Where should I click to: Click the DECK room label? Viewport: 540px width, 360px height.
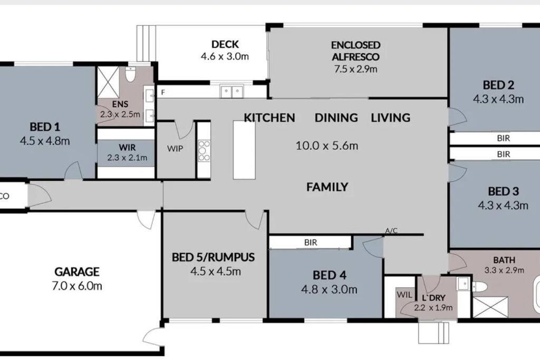click(225, 44)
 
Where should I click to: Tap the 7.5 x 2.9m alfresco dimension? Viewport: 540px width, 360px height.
click(355, 69)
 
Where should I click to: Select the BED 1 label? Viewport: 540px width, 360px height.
click(45, 127)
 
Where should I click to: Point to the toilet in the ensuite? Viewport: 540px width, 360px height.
click(130, 74)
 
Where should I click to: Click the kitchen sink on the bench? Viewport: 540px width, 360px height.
click(232, 92)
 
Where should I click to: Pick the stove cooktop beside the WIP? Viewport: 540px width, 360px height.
click(204, 150)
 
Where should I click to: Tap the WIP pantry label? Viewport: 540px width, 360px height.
click(175, 149)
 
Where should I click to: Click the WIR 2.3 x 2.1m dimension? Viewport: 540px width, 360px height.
click(127, 158)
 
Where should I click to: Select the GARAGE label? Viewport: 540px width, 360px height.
click(77, 272)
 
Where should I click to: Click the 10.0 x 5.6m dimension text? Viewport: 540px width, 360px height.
click(327, 145)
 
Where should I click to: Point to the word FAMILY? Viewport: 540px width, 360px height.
click(327, 187)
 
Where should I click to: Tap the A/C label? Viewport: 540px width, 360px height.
click(391, 230)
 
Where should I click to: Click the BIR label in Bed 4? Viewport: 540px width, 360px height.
click(310, 242)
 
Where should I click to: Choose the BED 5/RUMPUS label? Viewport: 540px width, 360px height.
click(213, 257)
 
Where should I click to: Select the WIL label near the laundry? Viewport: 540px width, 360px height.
click(404, 295)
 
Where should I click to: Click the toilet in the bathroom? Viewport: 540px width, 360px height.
click(479, 286)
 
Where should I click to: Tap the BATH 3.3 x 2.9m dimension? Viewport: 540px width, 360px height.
click(504, 270)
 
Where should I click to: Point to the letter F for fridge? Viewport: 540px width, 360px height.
click(163, 93)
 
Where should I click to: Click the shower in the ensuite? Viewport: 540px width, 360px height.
click(108, 82)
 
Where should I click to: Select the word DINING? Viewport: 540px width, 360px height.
click(336, 118)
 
